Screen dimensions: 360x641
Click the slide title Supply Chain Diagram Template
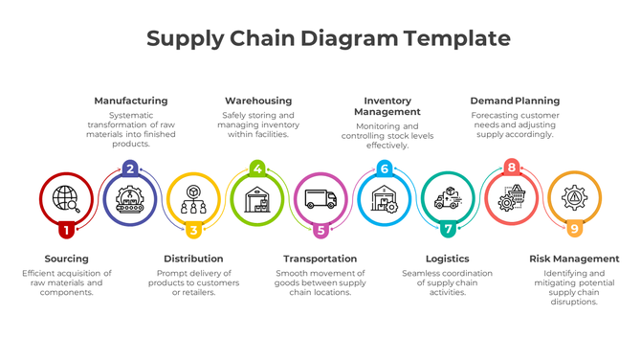pyautogui.click(x=328, y=39)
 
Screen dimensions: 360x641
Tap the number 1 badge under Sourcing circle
pyautogui.click(x=66, y=230)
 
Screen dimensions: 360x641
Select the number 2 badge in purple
pyautogui.click(x=130, y=169)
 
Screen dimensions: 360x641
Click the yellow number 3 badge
pyautogui.click(x=193, y=230)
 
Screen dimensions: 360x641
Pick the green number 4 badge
pyautogui.click(x=256, y=169)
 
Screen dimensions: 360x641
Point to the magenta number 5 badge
pyautogui.click(x=320, y=230)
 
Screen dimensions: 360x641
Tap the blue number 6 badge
pyautogui.click(x=384, y=169)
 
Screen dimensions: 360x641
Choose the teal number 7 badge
pyautogui.click(x=448, y=230)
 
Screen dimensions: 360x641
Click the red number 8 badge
pyautogui.click(x=512, y=169)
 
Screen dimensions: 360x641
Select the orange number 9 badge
pyautogui.click(x=575, y=229)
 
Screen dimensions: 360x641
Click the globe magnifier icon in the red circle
pyautogui.click(x=66, y=198)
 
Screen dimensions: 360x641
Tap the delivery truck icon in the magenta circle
pyautogui.click(x=320, y=199)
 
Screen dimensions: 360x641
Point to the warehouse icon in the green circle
pyautogui.click(x=257, y=200)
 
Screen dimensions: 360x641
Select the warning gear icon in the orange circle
pyautogui.click(x=575, y=199)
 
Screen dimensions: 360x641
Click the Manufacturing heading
pyautogui.click(x=130, y=101)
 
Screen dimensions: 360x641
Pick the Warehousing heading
pyautogui.click(x=258, y=101)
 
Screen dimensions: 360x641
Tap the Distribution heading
pyautogui.click(x=193, y=259)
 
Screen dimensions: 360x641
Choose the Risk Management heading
pyautogui.click(x=574, y=259)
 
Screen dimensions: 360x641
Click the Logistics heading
pyautogui.click(x=447, y=259)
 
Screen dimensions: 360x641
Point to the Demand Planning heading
pyautogui.click(x=515, y=101)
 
